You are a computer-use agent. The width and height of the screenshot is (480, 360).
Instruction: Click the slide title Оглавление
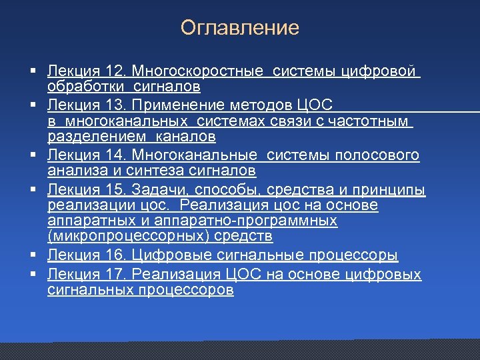click(x=239, y=28)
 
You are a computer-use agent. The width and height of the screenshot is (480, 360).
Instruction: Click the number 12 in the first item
click(x=114, y=70)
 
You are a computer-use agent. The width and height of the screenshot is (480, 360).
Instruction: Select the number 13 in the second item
click(x=114, y=105)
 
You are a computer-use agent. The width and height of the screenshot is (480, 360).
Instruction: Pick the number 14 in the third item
click(x=114, y=155)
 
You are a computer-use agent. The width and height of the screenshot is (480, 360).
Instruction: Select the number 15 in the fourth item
click(x=114, y=190)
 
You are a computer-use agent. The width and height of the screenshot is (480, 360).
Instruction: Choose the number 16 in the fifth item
click(x=114, y=255)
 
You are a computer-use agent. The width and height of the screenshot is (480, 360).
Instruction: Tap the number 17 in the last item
click(x=114, y=274)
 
